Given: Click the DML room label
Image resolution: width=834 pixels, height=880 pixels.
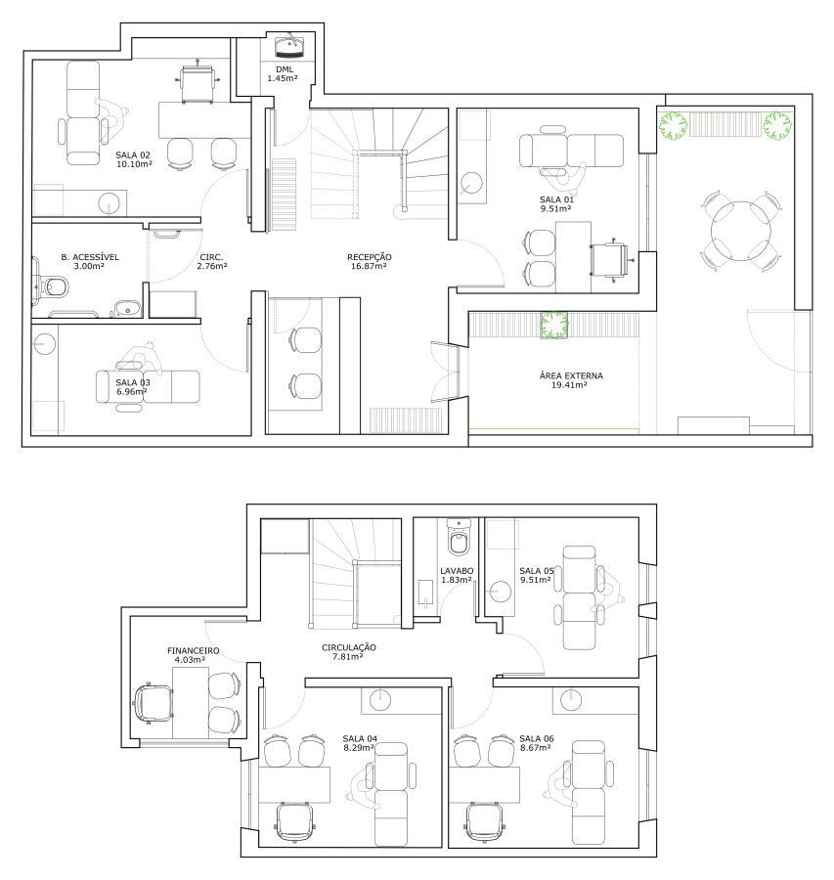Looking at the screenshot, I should [x=283, y=68].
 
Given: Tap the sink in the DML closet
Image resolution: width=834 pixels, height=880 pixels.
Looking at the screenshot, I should [x=287, y=45].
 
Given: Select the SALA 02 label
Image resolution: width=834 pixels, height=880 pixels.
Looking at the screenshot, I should [x=133, y=154].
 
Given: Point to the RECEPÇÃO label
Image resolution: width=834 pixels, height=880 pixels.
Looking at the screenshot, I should [x=370, y=256].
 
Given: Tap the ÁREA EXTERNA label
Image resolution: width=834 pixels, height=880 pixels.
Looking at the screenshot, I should [x=571, y=375].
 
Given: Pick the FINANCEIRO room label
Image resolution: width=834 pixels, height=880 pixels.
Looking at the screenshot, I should [x=193, y=650].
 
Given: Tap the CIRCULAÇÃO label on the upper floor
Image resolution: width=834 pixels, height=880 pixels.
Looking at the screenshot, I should [x=348, y=646].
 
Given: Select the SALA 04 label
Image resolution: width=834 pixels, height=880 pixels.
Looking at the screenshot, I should [x=360, y=738].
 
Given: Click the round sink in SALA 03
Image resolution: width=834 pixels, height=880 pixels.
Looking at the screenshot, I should [x=45, y=343].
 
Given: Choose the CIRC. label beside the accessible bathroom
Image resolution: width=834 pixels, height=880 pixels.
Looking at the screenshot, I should [x=211, y=256].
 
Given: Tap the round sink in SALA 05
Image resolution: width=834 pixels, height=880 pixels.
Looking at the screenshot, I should [x=501, y=591].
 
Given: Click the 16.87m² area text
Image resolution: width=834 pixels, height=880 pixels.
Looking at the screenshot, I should [x=370, y=266].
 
